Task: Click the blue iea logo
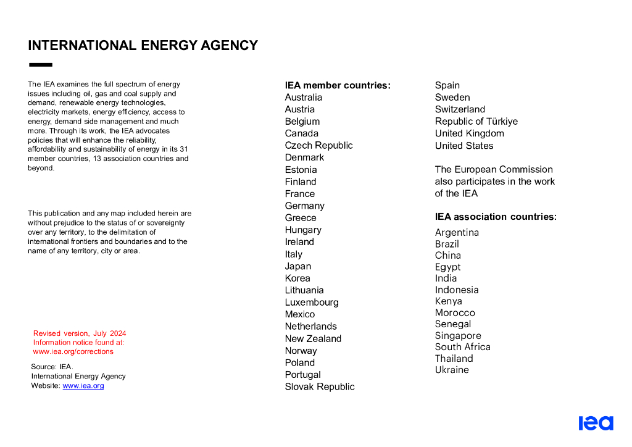pyautogui.click(x=596, y=423)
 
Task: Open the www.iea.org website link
pyautogui.click(x=83, y=386)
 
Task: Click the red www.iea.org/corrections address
pyautogui.click(x=73, y=352)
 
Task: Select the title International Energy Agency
pyautogui.click(x=143, y=46)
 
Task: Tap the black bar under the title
pyautogui.click(x=41, y=64)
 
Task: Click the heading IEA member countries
pyautogui.click(x=338, y=86)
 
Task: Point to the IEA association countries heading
pyautogui.click(x=496, y=217)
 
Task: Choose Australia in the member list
pyautogui.click(x=303, y=98)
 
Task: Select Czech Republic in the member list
pyautogui.click(x=318, y=146)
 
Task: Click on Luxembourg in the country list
pyautogui.click(x=312, y=303)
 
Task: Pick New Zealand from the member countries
pyautogui.click(x=313, y=339)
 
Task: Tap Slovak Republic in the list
pyautogui.click(x=320, y=387)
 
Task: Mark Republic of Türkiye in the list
pyautogui.click(x=476, y=122)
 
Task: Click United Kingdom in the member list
pyautogui.click(x=469, y=133)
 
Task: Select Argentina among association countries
pyautogui.click(x=457, y=233)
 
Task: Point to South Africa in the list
pyautogui.click(x=462, y=347)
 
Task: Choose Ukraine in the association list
pyautogui.click(x=452, y=370)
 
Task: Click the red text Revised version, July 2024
pyautogui.click(x=80, y=333)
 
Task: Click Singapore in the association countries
pyautogui.click(x=458, y=336)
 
